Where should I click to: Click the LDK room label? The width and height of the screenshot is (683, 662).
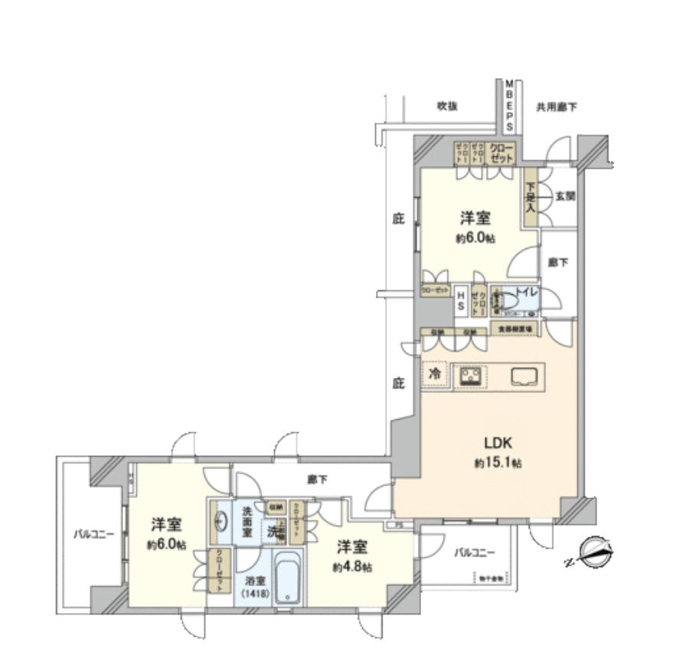[491, 442]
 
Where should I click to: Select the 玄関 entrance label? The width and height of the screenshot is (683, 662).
[565, 196]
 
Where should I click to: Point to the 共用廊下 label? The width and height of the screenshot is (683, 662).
[557, 107]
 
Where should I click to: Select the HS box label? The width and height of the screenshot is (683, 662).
[461, 300]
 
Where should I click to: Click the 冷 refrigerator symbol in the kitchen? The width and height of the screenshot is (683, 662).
[434, 375]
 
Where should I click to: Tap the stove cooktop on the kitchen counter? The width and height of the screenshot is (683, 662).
[469, 375]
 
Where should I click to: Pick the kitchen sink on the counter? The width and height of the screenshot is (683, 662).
[525, 375]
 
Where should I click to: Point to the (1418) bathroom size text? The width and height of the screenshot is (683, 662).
[256, 592]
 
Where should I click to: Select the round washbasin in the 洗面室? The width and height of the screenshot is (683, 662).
[221, 521]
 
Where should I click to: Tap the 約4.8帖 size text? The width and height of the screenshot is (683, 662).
[352, 568]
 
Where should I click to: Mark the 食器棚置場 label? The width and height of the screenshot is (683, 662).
[514, 329]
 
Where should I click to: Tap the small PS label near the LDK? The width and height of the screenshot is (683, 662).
[398, 525]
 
